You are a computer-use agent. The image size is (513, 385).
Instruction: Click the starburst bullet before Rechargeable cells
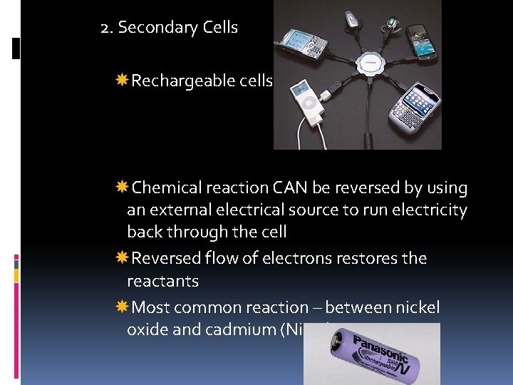(x=122, y=81)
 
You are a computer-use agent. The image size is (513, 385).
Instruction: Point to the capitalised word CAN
(x=290, y=188)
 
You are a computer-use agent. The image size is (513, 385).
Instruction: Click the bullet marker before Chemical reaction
(x=122, y=188)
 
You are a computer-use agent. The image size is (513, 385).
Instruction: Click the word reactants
(x=162, y=281)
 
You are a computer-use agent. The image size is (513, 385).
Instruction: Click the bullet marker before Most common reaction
(x=122, y=307)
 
